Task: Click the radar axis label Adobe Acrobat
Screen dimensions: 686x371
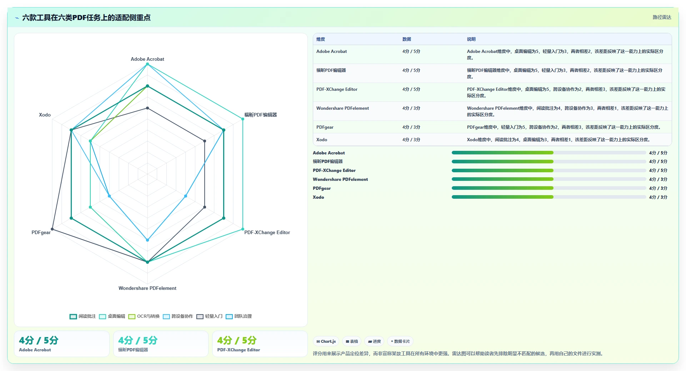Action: pos(147,59)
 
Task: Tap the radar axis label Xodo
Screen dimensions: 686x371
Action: pos(45,115)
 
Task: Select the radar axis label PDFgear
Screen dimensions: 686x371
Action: pos(41,232)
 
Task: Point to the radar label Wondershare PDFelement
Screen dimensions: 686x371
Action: pos(147,288)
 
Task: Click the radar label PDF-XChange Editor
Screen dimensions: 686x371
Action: pos(267,232)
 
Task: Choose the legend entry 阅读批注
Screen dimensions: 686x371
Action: pos(83,316)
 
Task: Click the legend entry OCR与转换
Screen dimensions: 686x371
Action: pos(144,316)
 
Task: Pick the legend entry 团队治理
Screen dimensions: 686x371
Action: pos(239,316)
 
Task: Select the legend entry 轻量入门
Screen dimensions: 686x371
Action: pos(210,316)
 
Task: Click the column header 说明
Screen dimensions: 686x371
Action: pos(471,39)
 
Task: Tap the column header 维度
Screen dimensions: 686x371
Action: pos(321,39)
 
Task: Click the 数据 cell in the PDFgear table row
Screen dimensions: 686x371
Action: pos(411,127)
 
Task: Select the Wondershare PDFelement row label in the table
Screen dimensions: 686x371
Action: pos(342,108)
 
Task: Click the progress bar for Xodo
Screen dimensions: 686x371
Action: pos(549,197)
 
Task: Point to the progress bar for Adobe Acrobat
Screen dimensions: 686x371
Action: pos(549,153)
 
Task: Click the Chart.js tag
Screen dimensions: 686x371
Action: pos(326,341)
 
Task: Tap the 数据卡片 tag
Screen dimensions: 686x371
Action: pos(400,341)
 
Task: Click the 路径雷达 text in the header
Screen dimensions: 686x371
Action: pos(662,17)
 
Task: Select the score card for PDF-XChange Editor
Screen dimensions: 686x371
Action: pos(260,344)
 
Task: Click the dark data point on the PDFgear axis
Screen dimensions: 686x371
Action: pos(52,229)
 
